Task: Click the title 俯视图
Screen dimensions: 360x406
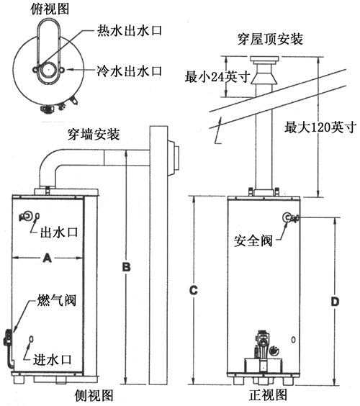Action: click(50, 9)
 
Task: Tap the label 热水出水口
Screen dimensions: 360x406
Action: click(130, 30)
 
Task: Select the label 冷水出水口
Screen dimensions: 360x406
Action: click(130, 71)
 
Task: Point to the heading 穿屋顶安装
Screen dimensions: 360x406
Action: click(270, 39)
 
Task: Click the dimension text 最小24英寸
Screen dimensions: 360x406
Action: click(217, 76)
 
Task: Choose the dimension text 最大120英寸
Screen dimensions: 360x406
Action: click(319, 127)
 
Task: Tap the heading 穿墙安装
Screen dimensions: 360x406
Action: click(94, 135)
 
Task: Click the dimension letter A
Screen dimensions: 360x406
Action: click(47, 258)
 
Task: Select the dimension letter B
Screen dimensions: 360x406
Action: click(126, 267)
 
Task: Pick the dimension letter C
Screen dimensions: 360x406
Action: click(194, 290)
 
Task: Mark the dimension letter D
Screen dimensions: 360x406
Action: click(335, 302)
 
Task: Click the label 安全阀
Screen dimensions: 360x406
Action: click(253, 240)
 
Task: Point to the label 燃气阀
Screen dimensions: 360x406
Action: click(57, 300)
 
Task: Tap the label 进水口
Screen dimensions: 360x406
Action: click(52, 360)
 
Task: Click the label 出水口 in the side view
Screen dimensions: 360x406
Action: click(59, 232)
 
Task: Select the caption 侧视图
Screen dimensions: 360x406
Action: click(94, 395)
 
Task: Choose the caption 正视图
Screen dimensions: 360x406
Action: click(269, 395)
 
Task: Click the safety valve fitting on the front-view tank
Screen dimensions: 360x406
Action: click(291, 218)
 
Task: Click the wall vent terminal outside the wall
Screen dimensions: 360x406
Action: click(173, 158)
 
